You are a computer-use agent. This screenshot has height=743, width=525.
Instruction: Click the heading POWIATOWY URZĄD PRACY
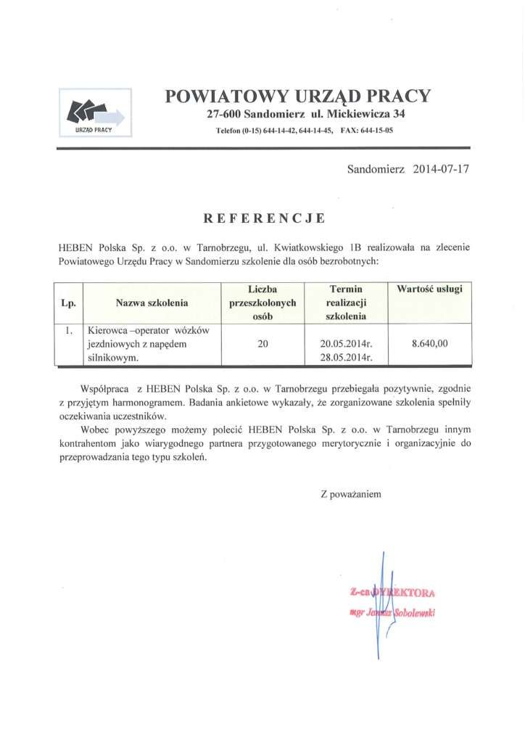(x=298, y=96)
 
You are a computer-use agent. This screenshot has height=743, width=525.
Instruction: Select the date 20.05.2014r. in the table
(x=345, y=345)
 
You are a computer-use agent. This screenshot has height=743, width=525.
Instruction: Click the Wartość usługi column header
(x=430, y=289)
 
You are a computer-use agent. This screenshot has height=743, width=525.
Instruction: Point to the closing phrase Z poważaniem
(x=350, y=493)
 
